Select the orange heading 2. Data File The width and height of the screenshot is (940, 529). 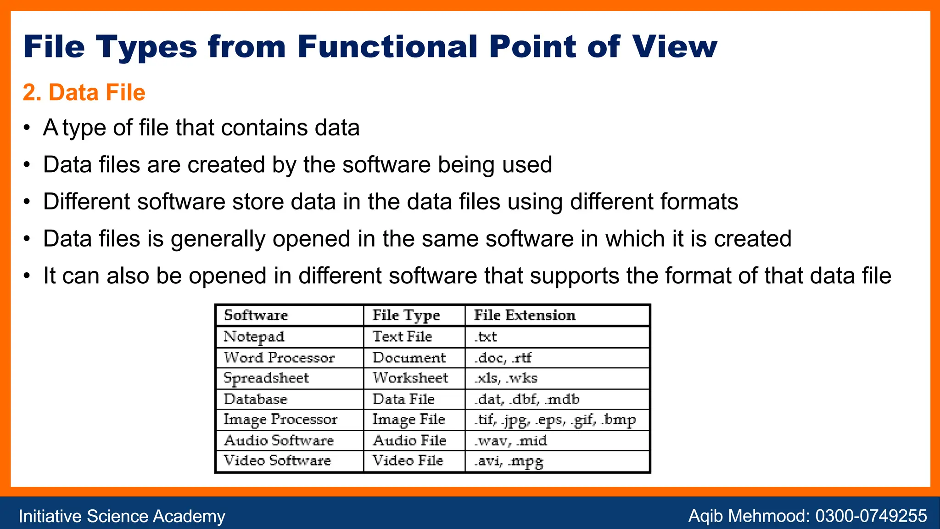click(84, 92)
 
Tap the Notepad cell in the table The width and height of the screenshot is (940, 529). click(254, 337)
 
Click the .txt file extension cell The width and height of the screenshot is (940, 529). click(486, 337)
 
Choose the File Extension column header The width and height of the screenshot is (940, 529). click(524, 315)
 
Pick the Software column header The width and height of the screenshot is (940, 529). click(256, 315)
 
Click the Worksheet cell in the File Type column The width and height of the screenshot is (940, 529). click(410, 378)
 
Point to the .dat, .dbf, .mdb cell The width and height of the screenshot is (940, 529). click(527, 399)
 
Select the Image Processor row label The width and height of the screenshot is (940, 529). click(280, 420)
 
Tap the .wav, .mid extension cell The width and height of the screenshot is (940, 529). click(511, 441)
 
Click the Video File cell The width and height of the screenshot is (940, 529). click(408, 461)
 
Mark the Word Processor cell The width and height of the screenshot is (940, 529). click(279, 358)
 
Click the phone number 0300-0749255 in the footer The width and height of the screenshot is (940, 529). click(871, 516)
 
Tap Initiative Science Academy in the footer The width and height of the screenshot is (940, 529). click(122, 516)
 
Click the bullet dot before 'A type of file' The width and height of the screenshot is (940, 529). click(28, 128)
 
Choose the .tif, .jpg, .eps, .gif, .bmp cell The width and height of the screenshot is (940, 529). click(555, 420)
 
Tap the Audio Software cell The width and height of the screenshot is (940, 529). click(279, 441)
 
